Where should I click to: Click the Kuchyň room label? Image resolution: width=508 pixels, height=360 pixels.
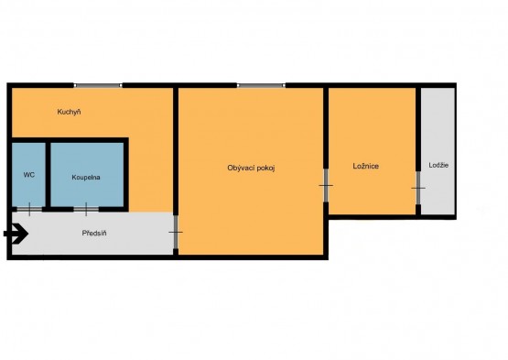(69, 113)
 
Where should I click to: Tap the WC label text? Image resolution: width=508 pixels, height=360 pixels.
(29, 175)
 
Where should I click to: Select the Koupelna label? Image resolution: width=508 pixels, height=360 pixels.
(86, 178)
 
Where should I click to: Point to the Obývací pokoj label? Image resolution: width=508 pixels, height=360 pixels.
(251, 168)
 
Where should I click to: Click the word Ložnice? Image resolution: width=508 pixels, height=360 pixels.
(366, 166)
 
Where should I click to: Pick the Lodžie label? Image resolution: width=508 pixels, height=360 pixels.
(438, 165)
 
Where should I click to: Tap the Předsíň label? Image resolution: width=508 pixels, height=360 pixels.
(94, 234)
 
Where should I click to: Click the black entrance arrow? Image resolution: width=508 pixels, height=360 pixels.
(16, 234)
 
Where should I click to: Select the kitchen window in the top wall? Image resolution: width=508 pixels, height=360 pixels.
(98, 85)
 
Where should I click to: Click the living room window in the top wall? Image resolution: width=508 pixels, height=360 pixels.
(261, 85)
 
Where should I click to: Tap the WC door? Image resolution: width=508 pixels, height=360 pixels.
(29, 209)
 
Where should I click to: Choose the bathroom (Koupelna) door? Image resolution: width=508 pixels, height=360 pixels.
(86, 209)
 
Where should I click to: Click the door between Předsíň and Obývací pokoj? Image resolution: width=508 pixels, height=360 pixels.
(176, 233)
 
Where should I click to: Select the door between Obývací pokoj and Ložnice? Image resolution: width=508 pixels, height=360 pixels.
(326, 186)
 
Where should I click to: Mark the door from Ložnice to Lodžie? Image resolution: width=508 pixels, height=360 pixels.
(418, 188)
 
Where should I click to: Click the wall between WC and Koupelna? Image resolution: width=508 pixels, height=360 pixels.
(48, 175)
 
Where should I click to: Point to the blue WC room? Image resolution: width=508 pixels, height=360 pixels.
(29, 174)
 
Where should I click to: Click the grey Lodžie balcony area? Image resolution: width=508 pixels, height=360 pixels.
(438, 151)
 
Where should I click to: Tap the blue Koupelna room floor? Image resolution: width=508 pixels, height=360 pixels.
(87, 174)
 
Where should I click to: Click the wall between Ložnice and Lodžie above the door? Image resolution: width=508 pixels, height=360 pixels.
(418, 129)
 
